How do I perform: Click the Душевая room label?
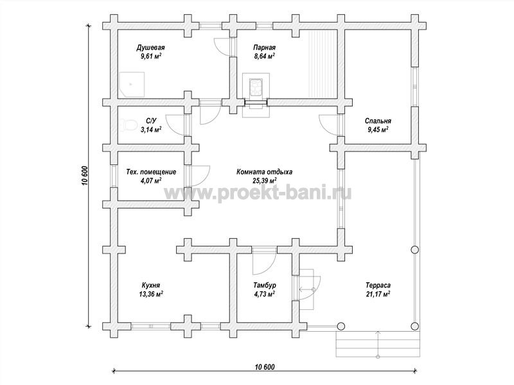pyautogui.click(x=150, y=48)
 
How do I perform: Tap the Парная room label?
pyautogui.click(x=265, y=47)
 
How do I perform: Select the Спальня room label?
pyautogui.click(x=378, y=121)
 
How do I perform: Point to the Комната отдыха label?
pyautogui.click(x=264, y=172)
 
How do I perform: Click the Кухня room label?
pyautogui.click(x=151, y=285)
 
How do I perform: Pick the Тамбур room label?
pyautogui.click(x=265, y=285)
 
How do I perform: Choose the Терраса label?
pyautogui.click(x=378, y=285)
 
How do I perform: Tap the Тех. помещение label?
pyautogui.click(x=151, y=172)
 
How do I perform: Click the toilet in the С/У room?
pyautogui.click(x=127, y=125)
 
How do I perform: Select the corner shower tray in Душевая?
pyautogui.click(x=131, y=85)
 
